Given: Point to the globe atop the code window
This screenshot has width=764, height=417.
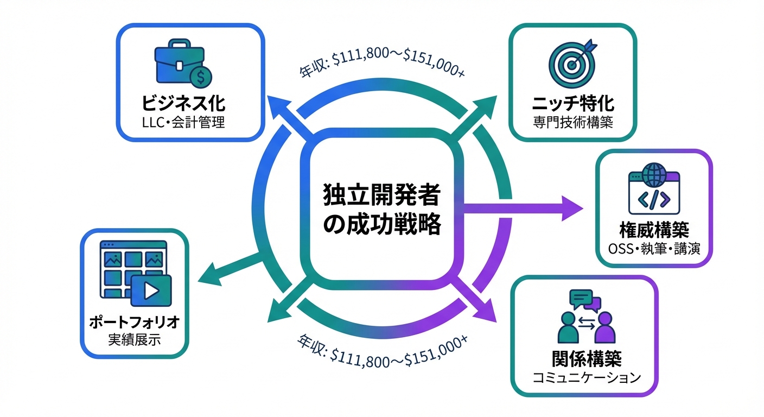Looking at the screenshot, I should [653, 175].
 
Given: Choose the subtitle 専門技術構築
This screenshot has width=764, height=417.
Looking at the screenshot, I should [573, 122].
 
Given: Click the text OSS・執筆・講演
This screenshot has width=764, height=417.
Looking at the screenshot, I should [654, 249].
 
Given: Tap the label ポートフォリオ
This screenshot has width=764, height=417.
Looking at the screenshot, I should [134, 324].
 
